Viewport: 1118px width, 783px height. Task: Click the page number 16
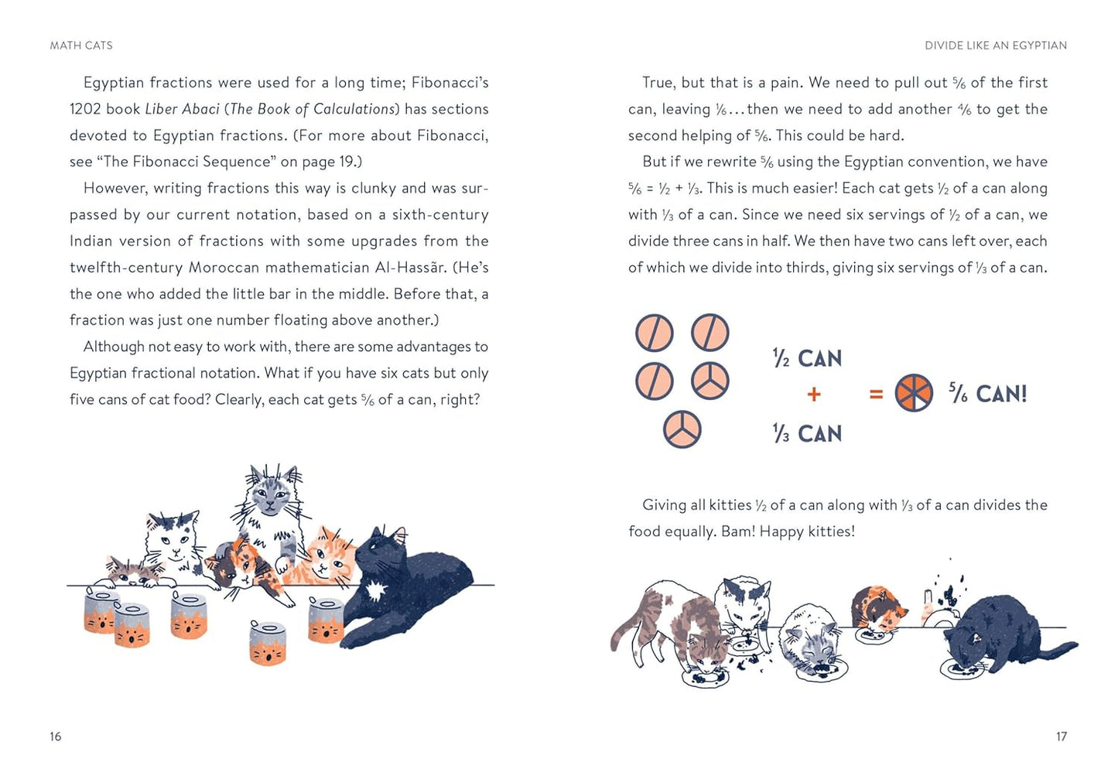pyautogui.click(x=56, y=737)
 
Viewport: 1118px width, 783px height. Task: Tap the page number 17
pyautogui.click(x=1062, y=737)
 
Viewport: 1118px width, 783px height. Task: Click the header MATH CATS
pyautogui.click(x=81, y=46)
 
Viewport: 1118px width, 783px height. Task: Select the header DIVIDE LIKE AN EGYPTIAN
pyautogui.click(x=996, y=46)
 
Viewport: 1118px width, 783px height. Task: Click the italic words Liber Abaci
pyautogui.click(x=182, y=109)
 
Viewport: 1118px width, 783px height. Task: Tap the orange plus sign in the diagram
pyautogui.click(x=813, y=395)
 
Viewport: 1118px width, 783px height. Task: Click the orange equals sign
pyautogui.click(x=876, y=395)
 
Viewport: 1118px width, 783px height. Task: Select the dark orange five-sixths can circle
pyautogui.click(x=914, y=393)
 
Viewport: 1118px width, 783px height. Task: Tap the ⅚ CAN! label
pyautogui.click(x=988, y=394)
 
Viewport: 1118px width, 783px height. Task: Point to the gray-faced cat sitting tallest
pyautogui.click(x=269, y=503)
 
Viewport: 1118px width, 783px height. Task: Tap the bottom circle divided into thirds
pyautogui.click(x=682, y=429)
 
